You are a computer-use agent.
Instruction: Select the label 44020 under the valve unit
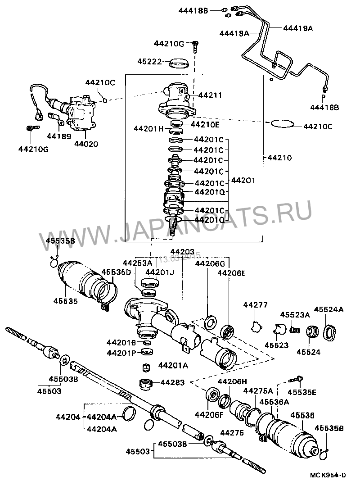click(86, 144)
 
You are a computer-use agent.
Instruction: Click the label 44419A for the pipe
click(298, 28)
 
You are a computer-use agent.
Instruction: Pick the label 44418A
click(234, 33)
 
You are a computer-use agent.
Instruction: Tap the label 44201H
click(149, 128)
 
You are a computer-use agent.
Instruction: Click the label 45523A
click(295, 315)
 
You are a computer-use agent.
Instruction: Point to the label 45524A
click(328, 309)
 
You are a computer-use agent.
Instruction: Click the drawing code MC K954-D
click(328, 475)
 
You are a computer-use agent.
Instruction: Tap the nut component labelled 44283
click(146, 385)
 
